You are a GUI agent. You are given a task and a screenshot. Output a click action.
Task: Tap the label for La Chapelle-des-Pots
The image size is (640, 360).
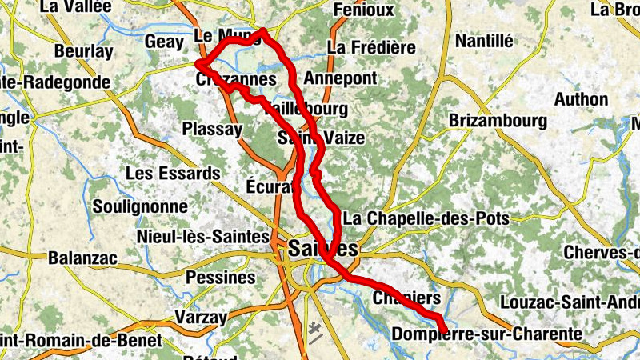425,218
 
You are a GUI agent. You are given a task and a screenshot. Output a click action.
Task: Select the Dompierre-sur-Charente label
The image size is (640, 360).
486,333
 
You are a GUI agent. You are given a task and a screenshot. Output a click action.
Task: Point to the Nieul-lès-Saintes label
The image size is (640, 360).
203,236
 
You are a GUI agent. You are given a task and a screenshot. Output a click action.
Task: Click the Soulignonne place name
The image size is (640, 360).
140,206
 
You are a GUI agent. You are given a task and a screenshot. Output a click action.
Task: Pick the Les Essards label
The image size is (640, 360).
173,173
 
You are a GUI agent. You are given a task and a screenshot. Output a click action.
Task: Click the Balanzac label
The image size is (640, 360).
82,258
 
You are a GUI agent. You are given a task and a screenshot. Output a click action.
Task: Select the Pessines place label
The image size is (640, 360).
220,278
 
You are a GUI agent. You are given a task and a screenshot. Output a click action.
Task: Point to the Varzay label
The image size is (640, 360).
201,317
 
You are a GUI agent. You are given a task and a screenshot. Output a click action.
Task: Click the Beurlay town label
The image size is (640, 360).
83,51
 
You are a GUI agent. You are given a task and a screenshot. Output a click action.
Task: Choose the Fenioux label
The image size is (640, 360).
363,10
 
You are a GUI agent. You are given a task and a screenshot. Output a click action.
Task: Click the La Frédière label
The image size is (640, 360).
371,47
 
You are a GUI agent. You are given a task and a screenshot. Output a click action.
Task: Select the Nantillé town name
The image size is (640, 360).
483,41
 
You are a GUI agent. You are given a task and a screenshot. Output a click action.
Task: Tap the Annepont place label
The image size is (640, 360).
339,78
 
